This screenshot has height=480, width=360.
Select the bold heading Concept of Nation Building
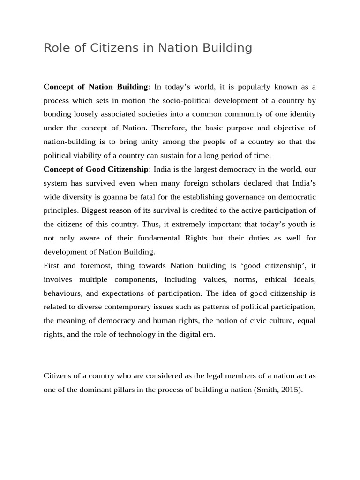point(96,87)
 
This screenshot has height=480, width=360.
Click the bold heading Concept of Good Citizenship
point(96,169)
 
